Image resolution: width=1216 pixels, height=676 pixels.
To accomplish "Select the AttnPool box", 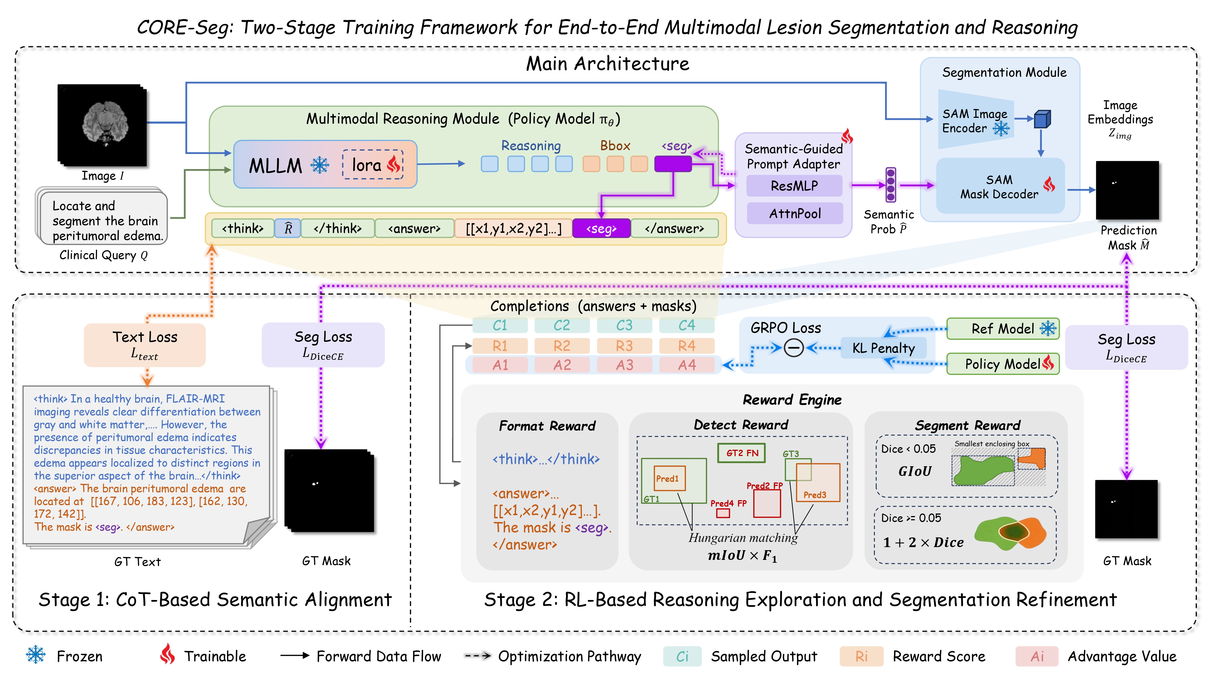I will [795, 213].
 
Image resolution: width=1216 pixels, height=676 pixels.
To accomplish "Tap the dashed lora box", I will [373, 165].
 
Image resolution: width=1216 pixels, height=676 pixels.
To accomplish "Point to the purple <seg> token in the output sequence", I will [601, 229].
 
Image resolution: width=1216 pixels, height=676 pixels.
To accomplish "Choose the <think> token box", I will [243, 229].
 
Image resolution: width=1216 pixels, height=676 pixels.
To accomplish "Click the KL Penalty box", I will [883, 348].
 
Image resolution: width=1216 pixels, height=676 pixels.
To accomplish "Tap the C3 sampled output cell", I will [624, 326].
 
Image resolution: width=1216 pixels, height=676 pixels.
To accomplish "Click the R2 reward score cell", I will [562, 346].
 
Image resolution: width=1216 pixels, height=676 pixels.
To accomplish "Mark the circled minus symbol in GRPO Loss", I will [793, 348].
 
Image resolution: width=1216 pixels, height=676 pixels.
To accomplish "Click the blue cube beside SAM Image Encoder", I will [1042, 120].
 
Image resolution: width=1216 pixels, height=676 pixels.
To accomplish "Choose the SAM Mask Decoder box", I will [1000, 186].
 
